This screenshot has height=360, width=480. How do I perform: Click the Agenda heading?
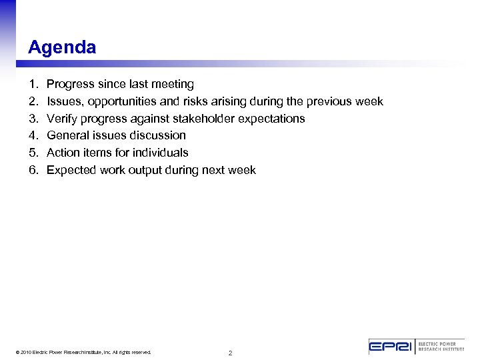pos(62,48)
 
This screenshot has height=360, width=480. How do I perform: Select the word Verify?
pos(62,119)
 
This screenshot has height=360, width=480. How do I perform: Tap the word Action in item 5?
pos(63,153)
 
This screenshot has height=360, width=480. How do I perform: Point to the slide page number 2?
pos(230,353)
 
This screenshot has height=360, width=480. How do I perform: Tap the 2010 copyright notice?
pos(84,352)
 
